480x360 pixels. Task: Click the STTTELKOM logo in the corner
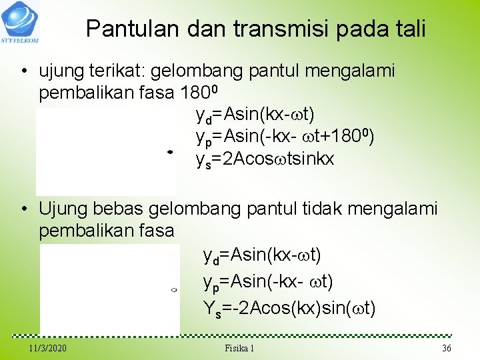coord(19,21)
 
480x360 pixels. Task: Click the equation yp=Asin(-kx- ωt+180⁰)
coord(285,137)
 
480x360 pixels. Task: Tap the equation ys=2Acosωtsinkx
coord(265,159)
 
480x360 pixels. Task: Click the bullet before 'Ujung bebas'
coord(24,209)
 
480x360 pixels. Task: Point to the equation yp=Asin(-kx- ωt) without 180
coord(267,282)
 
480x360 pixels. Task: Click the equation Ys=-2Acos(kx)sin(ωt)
coord(289,308)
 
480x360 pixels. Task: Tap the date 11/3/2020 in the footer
coord(47,349)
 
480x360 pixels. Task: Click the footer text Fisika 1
coord(239,349)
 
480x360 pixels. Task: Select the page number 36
coord(447,349)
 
